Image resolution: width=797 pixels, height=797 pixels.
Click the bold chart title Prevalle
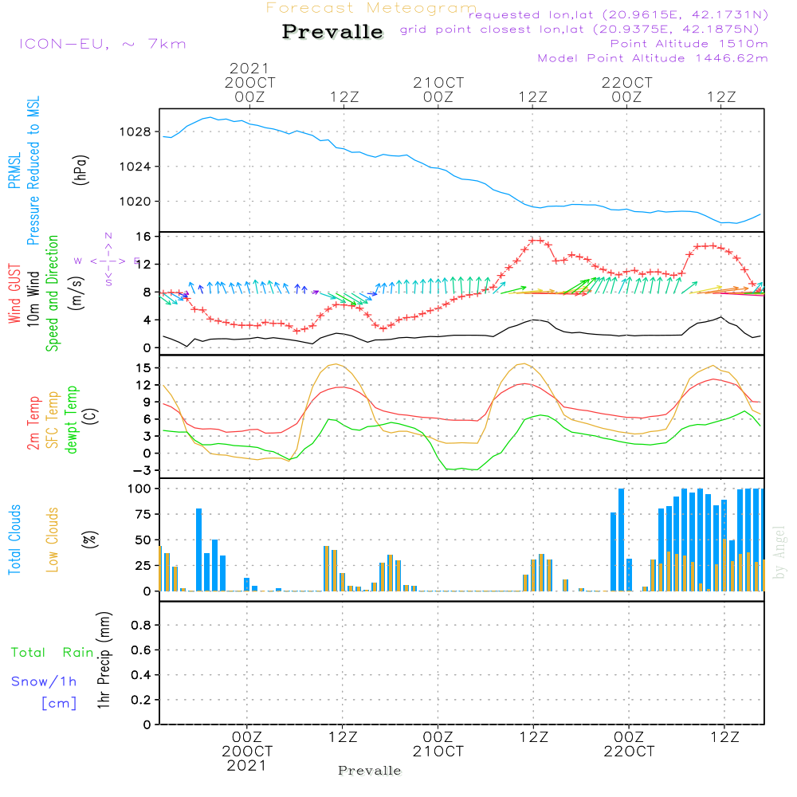pyautogui.click(x=332, y=32)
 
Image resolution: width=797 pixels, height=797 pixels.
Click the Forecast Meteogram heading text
pyautogui.click(x=371, y=9)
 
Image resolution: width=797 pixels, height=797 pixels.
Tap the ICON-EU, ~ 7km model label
pyautogui.click(x=102, y=44)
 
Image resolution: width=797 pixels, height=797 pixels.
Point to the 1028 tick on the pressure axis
pyautogui.click(x=137, y=132)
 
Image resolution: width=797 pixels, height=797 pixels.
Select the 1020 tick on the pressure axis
pyautogui.click(x=137, y=202)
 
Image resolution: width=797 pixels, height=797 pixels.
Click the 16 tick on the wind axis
pyautogui.click(x=143, y=237)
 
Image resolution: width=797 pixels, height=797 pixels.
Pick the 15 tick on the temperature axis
pyautogui.click(x=143, y=367)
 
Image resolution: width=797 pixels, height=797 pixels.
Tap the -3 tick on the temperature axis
pyautogui.click(x=143, y=470)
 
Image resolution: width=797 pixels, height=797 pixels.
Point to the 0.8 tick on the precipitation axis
pyautogui.click(x=141, y=626)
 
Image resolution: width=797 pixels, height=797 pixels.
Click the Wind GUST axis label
pyautogui.click(x=14, y=296)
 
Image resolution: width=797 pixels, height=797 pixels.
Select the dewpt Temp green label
pyautogui.click(x=71, y=420)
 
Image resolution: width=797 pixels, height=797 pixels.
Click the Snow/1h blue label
pyautogui.click(x=44, y=681)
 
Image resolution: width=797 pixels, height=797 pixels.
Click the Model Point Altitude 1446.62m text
pyautogui.click(x=653, y=58)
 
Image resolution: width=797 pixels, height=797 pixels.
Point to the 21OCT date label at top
pyautogui.click(x=438, y=83)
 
